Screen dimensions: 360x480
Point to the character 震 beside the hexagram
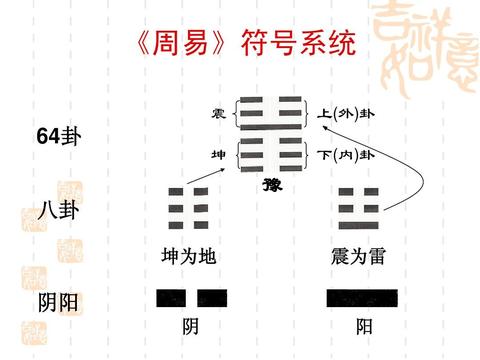[x=217, y=114]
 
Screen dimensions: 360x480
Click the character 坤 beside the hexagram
[x=217, y=155]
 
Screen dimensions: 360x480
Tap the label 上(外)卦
[x=346, y=114]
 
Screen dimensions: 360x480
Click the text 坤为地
[x=188, y=258]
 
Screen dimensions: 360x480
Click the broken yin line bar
[x=191, y=297]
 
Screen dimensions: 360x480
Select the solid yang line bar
[x=362, y=297]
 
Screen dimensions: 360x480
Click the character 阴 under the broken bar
[x=190, y=327]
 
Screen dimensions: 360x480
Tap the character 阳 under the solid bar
[x=364, y=327]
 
